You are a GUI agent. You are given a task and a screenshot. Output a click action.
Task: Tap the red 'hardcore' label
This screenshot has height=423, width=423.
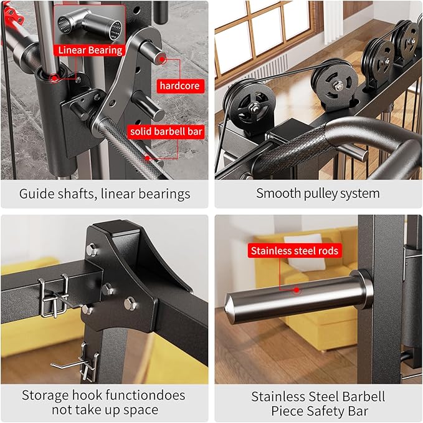point(179,84)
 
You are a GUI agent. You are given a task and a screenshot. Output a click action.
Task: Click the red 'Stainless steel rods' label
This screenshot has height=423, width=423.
point(294,251)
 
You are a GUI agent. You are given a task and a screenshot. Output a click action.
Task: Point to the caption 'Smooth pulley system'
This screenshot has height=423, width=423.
point(318,193)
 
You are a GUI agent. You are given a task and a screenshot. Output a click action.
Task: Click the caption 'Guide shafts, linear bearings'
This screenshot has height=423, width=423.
point(104,193)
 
